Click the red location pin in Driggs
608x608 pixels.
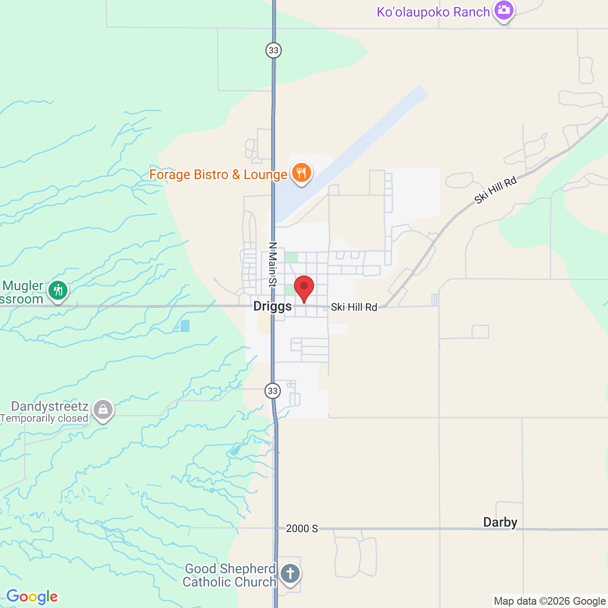coord(304,288)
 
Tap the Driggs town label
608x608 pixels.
coord(272,306)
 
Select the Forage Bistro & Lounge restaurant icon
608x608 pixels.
coord(302,173)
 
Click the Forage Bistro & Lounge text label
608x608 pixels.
coord(218,175)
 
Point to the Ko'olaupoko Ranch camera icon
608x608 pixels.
coord(503,10)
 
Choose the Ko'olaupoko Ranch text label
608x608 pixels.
coord(433,12)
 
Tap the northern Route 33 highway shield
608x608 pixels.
coord(273,50)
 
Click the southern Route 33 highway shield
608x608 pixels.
coord(272,391)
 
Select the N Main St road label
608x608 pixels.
coord(273,265)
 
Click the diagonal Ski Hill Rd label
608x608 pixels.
coord(495,190)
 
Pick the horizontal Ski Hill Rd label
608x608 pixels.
coord(354,307)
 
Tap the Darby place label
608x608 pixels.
coord(500,522)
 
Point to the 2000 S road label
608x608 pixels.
coord(302,529)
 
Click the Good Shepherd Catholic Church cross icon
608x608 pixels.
coord(290,574)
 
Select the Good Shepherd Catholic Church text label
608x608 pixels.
coord(229,575)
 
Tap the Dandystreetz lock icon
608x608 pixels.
coord(103,409)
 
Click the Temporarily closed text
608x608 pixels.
coord(44,418)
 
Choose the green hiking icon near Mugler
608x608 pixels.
coord(58,290)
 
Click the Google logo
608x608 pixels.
coord(32,597)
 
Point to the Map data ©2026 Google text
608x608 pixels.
coord(550,601)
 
